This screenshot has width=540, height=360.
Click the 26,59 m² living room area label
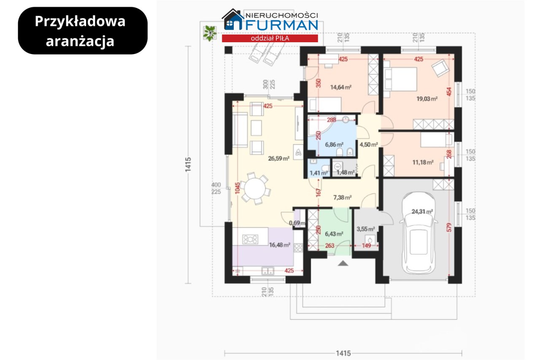pyautogui.click(x=279, y=158)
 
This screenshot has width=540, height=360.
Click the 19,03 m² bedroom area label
pyautogui.click(x=427, y=99)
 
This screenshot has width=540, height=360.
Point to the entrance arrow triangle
pyautogui.click(x=343, y=263)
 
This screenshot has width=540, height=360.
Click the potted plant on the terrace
pyautogui.click(x=210, y=33)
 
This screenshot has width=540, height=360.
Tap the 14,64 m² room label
pyautogui.click(x=340, y=87)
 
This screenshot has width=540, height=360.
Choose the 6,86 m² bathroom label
pyautogui.click(x=334, y=144)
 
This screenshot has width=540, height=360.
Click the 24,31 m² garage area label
pyautogui.click(x=422, y=211)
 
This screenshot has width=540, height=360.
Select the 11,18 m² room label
pyautogui.click(x=423, y=162)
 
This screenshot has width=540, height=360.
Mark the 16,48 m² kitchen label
pyautogui.click(x=279, y=245)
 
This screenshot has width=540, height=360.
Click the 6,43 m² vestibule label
pyautogui.click(x=334, y=234)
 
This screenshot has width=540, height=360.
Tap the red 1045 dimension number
pyautogui.click(x=237, y=188)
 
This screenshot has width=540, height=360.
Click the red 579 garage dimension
pyautogui.click(x=448, y=227)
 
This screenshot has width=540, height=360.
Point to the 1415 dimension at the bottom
pyautogui.click(x=343, y=353)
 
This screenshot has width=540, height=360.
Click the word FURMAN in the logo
pyautogui.click(x=282, y=25)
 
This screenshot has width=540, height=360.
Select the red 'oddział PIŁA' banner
pyautogui.click(x=270, y=38)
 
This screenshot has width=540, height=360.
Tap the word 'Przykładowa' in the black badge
pyautogui.click(x=80, y=22)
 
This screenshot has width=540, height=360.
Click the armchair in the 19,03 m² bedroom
pyautogui.click(x=440, y=68)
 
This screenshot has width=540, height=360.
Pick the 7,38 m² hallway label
pyautogui.click(x=342, y=198)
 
